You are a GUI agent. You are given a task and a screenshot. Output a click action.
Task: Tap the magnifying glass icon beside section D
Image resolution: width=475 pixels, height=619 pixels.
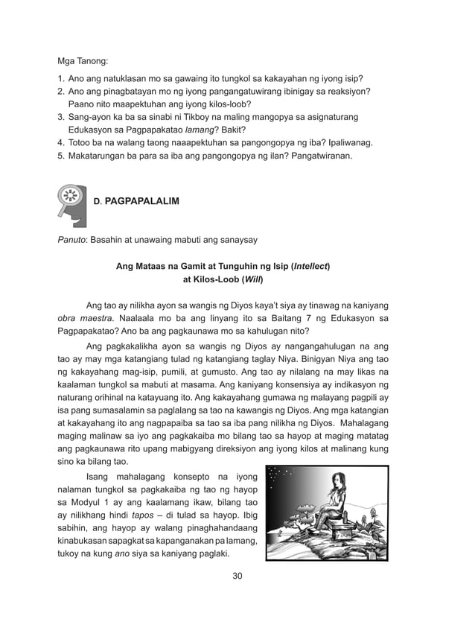tap(70, 203)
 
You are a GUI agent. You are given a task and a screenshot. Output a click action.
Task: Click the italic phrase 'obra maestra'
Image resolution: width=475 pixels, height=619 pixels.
tap(86, 319)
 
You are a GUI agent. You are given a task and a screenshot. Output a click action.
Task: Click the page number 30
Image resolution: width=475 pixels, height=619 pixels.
tap(238, 576)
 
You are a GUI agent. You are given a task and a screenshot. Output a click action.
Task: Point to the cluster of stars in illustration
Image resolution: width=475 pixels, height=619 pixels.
tap(279, 477)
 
